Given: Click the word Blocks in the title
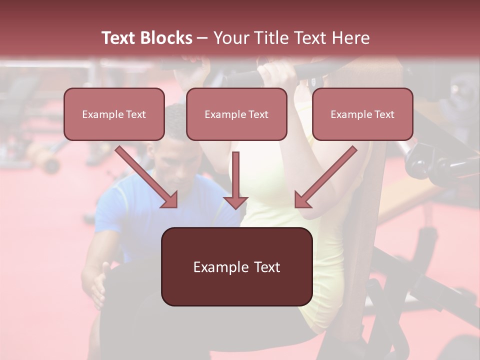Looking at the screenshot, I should pos(166,38).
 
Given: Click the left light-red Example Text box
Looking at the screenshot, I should pos(114,114).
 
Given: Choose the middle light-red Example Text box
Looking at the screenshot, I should pos(236,114).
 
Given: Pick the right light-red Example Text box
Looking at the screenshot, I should pos(362,114).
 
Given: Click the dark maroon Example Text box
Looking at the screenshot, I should pos(236,266).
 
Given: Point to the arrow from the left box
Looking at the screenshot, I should pos(147,177).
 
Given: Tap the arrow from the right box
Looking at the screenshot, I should pos(325,177).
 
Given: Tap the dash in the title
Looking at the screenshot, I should pos(202,38).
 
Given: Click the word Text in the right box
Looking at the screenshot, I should pos(384,114).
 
